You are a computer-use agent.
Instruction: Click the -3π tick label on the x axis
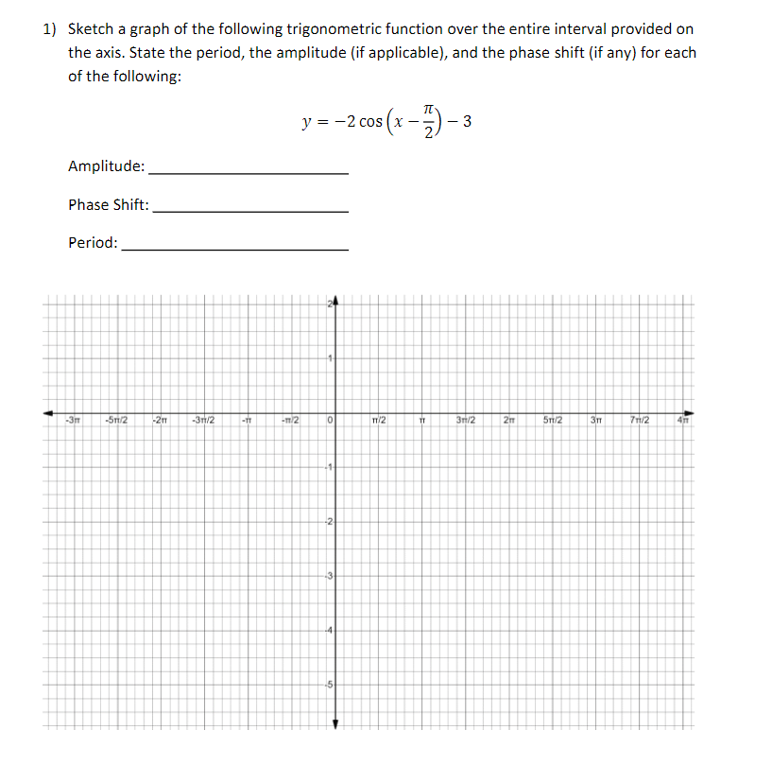point(72,420)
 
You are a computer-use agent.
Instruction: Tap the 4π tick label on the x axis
point(683,420)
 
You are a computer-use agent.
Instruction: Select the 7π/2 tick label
point(641,420)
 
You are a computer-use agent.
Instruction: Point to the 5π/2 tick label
point(553,420)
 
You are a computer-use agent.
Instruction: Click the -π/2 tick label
point(290,420)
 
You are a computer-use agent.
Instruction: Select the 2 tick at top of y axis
point(331,304)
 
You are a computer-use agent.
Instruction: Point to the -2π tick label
point(160,420)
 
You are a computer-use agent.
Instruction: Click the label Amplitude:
point(107,166)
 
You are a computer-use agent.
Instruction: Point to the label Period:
point(94,242)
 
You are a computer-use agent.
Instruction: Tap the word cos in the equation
point(370,122)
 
